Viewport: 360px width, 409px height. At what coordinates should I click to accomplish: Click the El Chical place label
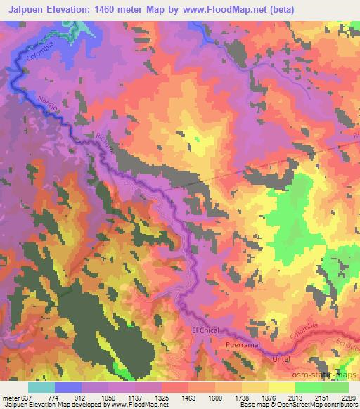pyautogui.click(x=205, y=330)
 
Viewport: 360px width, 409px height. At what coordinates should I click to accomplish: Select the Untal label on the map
pyautogui.click(x=280, y=360)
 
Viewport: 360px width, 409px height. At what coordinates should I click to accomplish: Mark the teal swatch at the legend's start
pyautogui.click(x=41, y=387)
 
